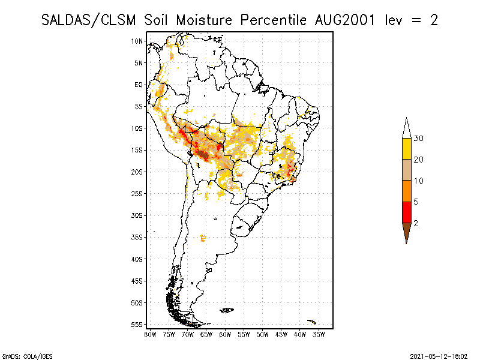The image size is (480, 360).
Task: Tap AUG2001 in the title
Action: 346,20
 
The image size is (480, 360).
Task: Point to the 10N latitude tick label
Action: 137,41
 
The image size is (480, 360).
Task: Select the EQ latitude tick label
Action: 139,85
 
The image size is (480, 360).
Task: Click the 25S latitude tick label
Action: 137,193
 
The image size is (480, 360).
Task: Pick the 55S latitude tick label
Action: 137,324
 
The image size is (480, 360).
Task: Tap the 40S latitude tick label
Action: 137,259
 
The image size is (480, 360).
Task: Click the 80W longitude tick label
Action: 150,334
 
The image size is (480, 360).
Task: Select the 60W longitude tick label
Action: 225,334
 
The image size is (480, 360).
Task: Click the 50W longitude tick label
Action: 263,334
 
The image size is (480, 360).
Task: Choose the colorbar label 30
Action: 419,139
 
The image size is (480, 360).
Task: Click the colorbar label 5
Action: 416,202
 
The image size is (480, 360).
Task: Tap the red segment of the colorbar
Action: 406,212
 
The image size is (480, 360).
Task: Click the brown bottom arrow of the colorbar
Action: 406,232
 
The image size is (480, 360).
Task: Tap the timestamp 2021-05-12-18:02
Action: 439,355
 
